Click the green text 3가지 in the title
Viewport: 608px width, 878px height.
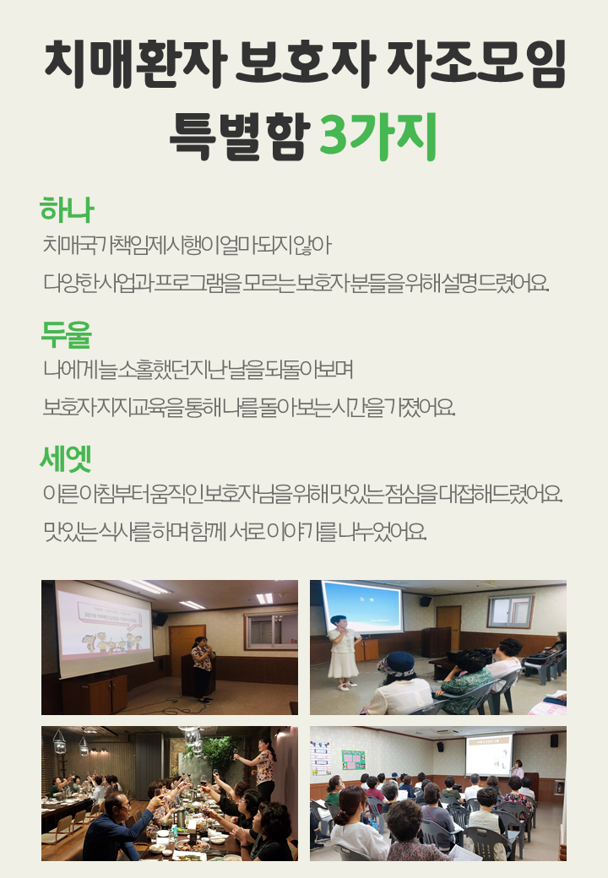coord(377,136)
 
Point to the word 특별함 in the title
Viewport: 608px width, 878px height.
coord(240,137)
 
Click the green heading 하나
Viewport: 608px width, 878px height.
coord(67,210)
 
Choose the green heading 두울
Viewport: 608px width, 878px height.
coord(66,334)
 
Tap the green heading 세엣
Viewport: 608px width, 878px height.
coord(66,458)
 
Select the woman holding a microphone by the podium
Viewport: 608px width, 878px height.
coord(202,669)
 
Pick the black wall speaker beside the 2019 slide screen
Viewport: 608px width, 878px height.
coord(160,619)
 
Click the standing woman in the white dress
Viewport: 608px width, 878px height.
coord(343,652)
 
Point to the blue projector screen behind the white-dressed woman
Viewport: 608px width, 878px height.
coord(361,608)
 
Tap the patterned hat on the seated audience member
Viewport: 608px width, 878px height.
coord(395,665)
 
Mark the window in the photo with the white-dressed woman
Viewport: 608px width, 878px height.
coord(510,611)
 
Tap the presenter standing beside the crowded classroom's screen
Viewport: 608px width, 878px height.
coord(518,769)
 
